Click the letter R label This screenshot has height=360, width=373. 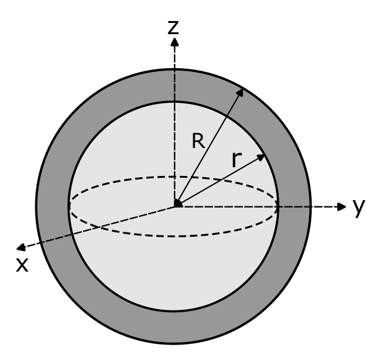198,142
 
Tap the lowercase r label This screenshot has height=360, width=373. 235,160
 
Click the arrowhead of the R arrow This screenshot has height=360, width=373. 240,92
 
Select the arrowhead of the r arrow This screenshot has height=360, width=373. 262,157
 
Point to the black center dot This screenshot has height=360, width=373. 178,203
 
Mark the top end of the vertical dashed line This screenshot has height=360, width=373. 175,72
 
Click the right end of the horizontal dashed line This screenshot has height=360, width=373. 309,206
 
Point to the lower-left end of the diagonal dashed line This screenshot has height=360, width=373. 42,242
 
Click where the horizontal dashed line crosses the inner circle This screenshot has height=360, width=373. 278,206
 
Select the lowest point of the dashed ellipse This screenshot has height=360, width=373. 173,236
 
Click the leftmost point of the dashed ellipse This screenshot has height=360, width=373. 69,206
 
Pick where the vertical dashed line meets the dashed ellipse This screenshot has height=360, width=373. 175,177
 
